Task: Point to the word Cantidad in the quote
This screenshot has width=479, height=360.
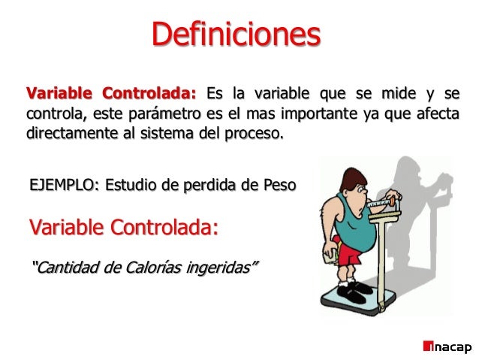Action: (64, 267)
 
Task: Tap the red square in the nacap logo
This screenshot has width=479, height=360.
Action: (428, 346)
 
